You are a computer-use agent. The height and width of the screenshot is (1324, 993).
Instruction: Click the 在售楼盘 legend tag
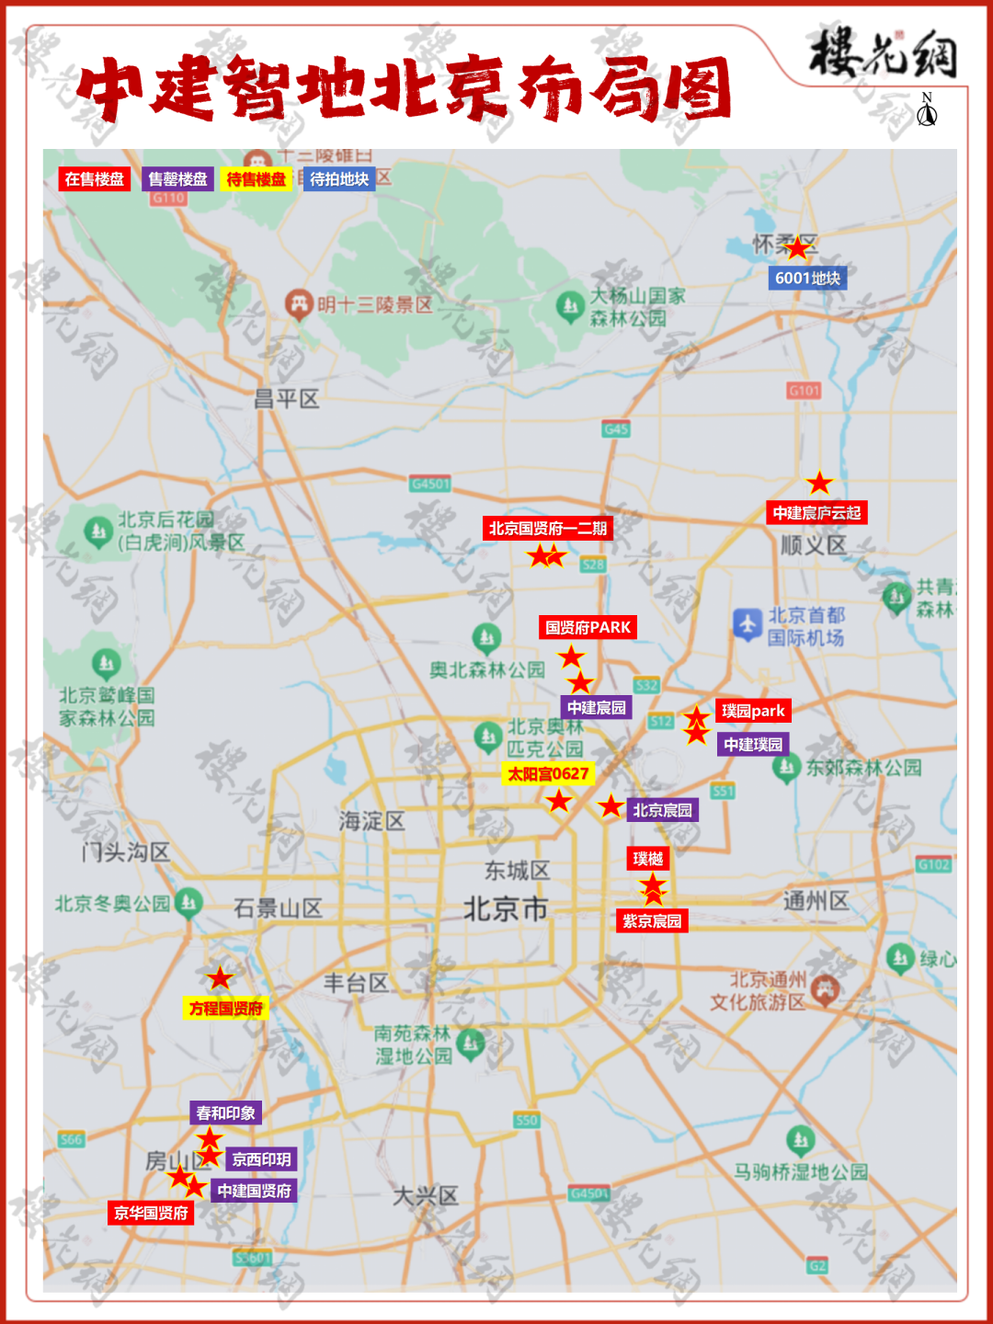[95, 179]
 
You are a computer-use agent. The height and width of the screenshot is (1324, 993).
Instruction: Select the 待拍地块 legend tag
[339, 179]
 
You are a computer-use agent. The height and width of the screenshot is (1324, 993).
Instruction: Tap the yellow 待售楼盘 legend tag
[257, 179]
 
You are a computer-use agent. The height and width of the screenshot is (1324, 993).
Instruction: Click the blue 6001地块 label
[807, 279]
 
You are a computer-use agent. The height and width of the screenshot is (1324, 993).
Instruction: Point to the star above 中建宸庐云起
[819, 483]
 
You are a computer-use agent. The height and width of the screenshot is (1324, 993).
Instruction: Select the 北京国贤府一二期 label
[547, 529]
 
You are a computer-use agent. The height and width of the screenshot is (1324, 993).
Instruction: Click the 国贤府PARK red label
[588, 628]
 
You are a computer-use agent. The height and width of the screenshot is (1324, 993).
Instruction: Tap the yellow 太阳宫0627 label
[548, 774]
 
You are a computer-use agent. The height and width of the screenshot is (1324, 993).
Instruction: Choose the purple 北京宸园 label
[662, 810]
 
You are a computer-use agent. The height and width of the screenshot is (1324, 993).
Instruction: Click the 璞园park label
[753, 711]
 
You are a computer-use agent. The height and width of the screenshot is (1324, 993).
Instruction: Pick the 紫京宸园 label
[652, 921]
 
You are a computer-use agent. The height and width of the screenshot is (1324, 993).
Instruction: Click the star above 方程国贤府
[220, 978]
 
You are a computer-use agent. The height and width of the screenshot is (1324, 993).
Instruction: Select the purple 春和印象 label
[226, 1113]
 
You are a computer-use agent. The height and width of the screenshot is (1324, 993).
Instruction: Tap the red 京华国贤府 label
[151, 1213]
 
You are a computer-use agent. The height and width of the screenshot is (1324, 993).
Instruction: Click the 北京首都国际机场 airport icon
[748, 624]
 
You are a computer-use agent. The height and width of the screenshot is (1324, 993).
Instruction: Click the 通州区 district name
[816, 901]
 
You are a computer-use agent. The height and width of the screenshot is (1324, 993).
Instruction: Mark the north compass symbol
[927, 110]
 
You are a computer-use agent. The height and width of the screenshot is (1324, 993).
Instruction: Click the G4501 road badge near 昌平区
[430, 484]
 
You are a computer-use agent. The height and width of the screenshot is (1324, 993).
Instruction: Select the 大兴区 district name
[426, 1196]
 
